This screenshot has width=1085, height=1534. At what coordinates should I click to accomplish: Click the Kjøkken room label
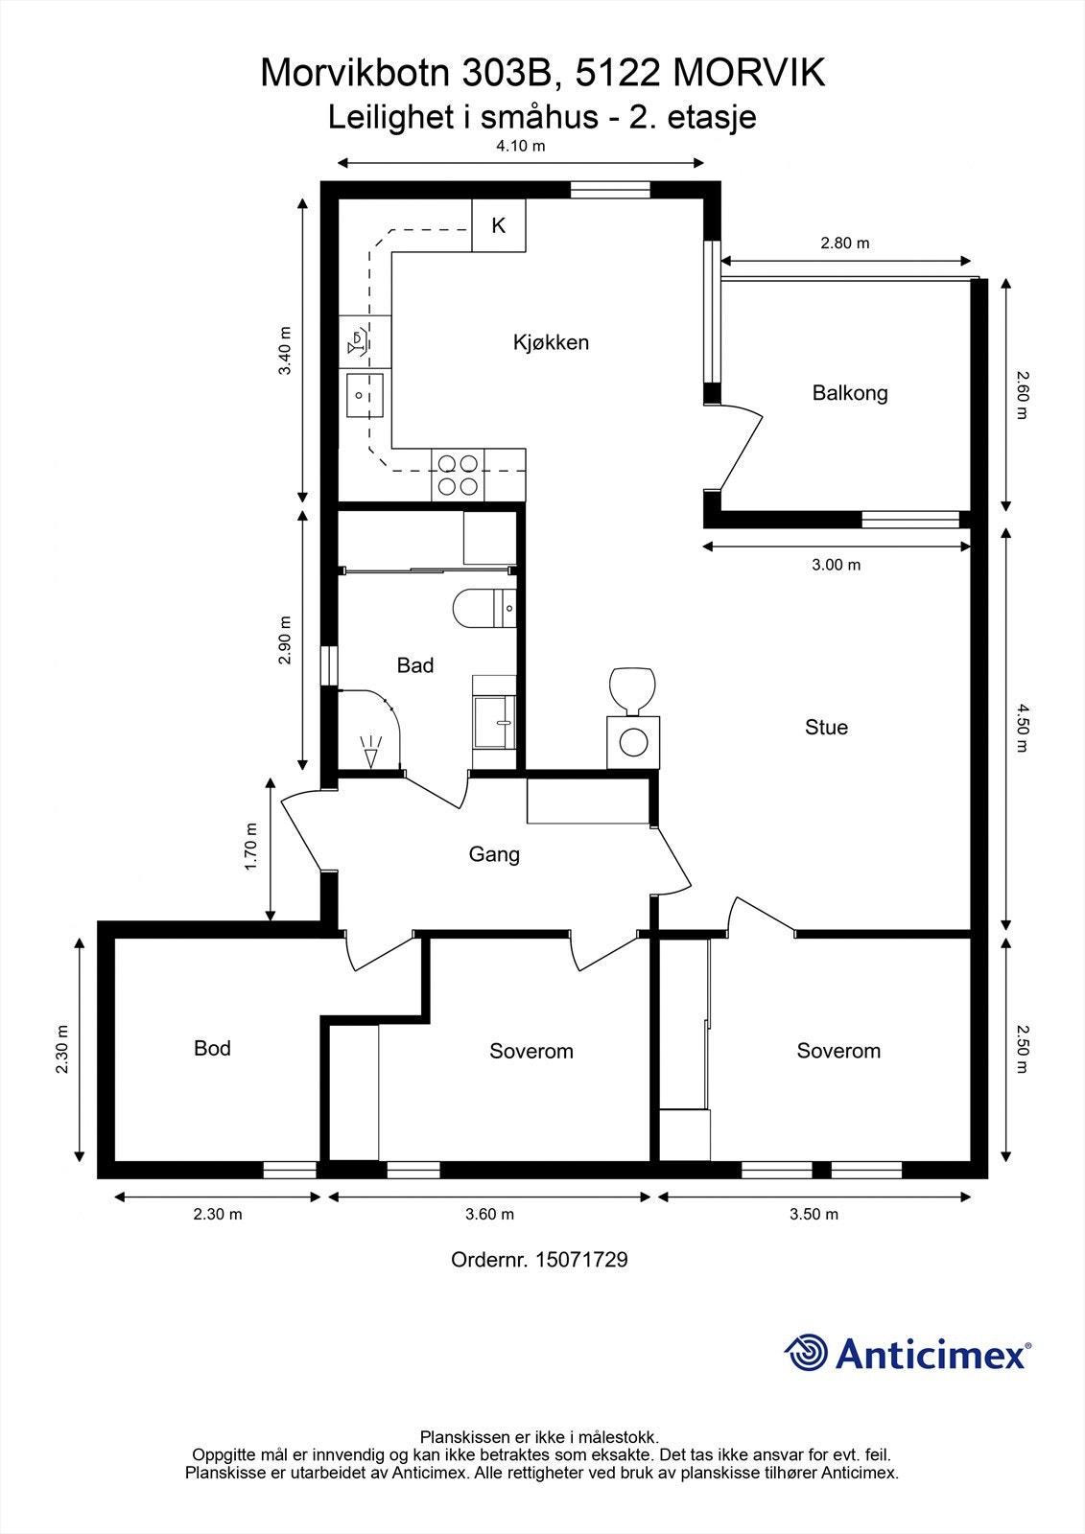[x=551, y=342]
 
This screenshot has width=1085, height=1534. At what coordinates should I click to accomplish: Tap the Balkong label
[x=850, y=393]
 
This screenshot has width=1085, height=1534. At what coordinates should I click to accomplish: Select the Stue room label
[x=826, y=728]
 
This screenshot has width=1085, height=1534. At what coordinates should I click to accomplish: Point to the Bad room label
[x=415, y=665]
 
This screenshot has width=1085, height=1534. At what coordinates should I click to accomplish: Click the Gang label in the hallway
[x=494, y=854]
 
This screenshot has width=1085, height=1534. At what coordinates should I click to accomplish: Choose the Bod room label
[x=212, y=1048]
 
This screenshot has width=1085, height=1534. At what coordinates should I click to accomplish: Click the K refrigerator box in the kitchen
[x=499, y=225]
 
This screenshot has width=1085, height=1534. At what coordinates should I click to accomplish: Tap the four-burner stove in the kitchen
[x=458, y=476]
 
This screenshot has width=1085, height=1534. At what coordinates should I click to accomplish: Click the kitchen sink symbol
[x=365, y=396]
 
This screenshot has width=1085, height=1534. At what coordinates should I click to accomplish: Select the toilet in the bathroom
[x=484, y=608]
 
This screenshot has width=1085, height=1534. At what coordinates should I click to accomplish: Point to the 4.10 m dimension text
[x=521, y=146]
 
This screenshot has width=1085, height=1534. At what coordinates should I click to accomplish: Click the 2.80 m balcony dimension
[x=845, y=244]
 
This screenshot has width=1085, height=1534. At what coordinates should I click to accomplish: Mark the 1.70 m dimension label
[x=250, y=847]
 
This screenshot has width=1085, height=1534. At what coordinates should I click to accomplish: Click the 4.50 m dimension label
[x=1022, y=728]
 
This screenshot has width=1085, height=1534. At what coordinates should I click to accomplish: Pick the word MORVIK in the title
[x=749, y=73]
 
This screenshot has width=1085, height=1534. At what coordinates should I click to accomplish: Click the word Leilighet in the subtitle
[x=391, y=117]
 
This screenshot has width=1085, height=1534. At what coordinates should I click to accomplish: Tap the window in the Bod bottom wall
[x=290, y=1170]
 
